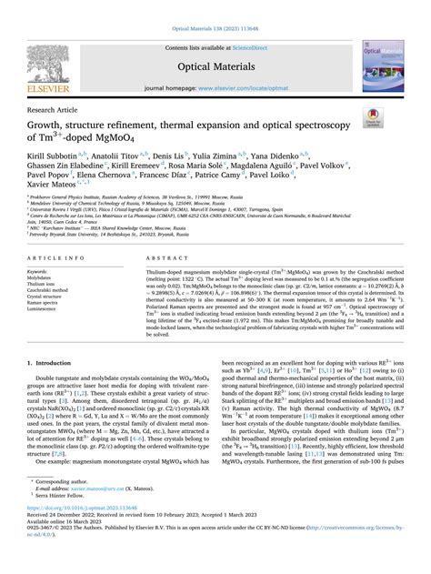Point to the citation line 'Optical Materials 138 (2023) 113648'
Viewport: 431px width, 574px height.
(215, 6)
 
